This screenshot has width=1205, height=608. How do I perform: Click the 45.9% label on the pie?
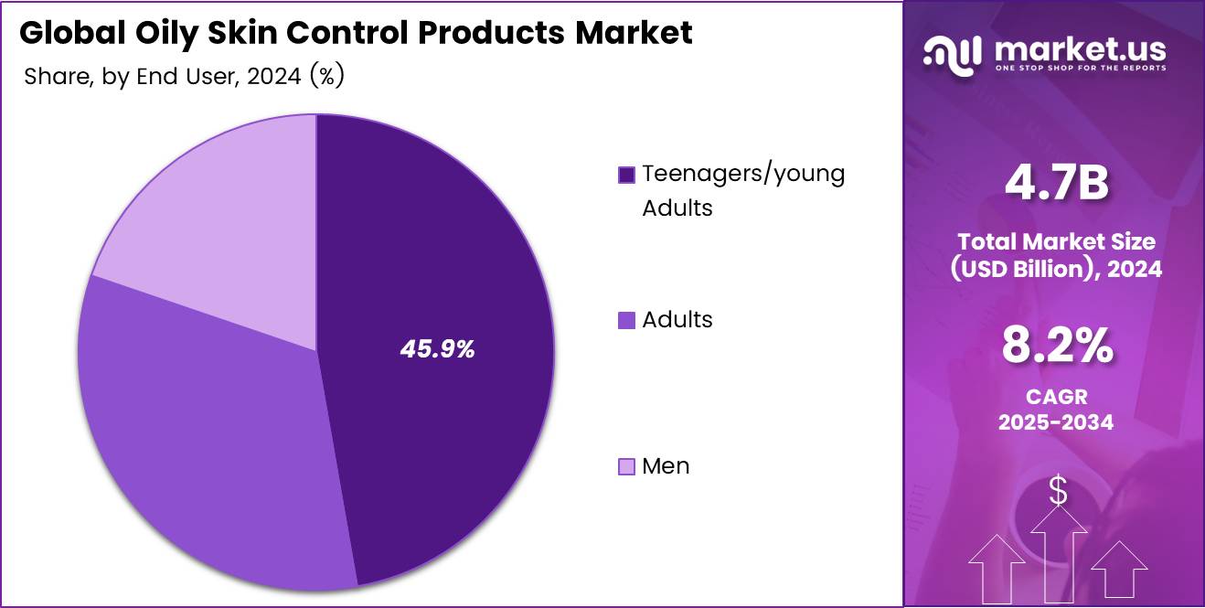coord(437,348)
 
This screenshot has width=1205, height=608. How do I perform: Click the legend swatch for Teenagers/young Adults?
coord(626,175)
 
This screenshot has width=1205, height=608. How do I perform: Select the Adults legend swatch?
coord(626,320)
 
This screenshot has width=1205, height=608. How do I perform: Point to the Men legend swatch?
coord(626,467)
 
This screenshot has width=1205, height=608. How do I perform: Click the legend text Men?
coord(666,466)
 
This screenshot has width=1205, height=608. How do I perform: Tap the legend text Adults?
coord(677,320)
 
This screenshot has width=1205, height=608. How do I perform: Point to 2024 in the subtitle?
coord(272,77)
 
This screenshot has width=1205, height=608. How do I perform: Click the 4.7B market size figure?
coord(1056,183)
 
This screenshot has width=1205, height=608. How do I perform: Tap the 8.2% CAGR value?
coord(1056,347)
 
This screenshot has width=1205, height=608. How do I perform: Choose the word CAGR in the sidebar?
coord(1056,398)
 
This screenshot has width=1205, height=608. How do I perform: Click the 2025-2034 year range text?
coord(1056,422)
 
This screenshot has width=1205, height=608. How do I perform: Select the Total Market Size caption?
coord(1056,241)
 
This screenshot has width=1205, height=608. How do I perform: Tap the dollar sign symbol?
coord(1058,492)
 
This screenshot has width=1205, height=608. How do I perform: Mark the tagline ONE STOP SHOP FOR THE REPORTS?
coord(1081,68)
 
